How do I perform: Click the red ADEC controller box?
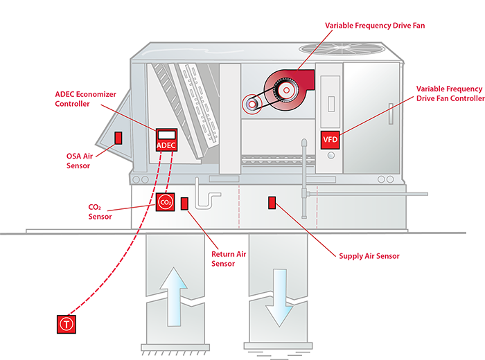(x=166, y=140)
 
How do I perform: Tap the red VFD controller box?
(x=330, y=140)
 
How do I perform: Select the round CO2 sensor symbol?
(x=165, y=202)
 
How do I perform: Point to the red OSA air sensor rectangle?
(x=118, y=137)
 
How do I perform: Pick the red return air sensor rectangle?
(x=185, y=204)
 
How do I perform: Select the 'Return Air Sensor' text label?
(x=229, y=259)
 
